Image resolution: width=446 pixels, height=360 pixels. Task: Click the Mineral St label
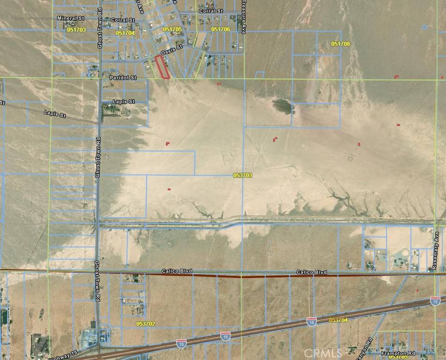[70, 18]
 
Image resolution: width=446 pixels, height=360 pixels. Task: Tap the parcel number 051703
[76, 29]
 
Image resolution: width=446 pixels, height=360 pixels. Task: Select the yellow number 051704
[125, 33]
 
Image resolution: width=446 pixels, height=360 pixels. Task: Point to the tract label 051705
[172, 29]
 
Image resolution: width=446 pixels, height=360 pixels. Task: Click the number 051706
[221, 29]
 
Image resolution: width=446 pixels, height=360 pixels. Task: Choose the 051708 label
[341, 44]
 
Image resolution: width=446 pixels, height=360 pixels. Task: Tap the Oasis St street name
[171, 53]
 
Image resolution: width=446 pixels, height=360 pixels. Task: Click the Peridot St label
[123, 77]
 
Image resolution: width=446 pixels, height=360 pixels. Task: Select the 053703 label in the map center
[243, 175]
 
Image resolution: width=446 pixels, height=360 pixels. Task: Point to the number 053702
[146, 323]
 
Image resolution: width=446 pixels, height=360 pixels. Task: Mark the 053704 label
[338, 320]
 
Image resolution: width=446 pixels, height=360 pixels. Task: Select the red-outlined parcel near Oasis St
[162, 68]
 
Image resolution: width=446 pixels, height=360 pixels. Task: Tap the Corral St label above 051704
[123, 20]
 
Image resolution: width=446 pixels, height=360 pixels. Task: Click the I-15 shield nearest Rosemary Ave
[435, 300]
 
